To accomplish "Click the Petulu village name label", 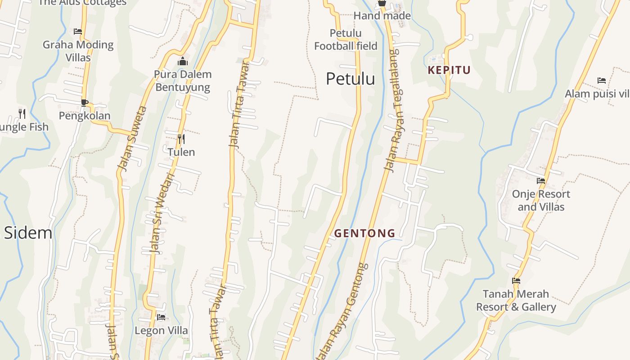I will (x=350, y=79).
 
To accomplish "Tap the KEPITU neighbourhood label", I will (x=449, y=70).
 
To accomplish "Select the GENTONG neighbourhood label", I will (x=364, y=233).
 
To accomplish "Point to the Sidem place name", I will (x=28, y=233).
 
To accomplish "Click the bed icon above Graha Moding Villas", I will (x=78, y=31).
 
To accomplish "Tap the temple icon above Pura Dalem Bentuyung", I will (x=183, y=61).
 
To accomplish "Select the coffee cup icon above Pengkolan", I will (x=85, y=103).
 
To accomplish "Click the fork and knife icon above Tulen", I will (x=181, y=139).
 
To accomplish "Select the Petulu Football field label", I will (x=345, y=40).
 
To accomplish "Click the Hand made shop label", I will (x=382, y=16).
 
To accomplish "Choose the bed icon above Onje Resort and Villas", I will (x=541, y=181).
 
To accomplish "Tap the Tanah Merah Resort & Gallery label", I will (x=516, y=301).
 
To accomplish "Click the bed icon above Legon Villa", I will (x=161, y=317).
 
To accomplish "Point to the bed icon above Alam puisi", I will (x=602, y=81).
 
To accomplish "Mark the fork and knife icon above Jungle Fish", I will (x=22, y=113).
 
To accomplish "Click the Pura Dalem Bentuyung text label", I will (x=183, y=81).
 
